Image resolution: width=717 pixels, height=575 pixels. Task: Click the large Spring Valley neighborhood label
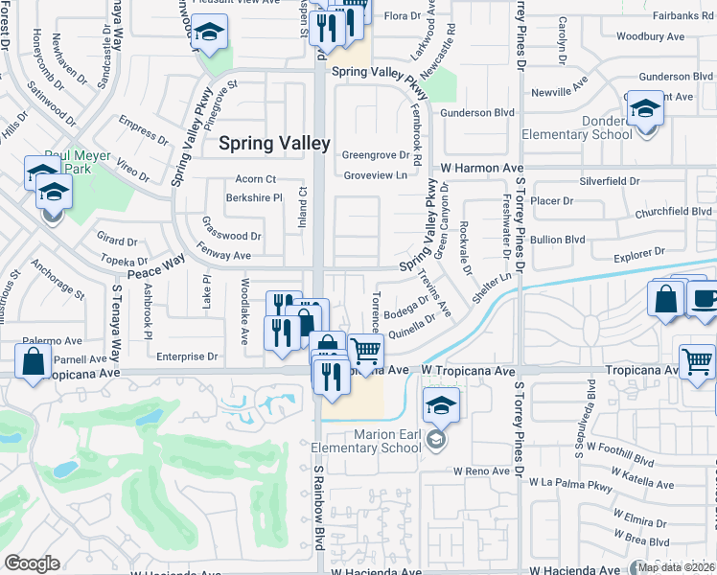[275, 143]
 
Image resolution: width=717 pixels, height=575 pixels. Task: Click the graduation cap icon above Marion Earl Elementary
[441, 404]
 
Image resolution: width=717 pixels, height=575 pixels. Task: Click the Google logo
[32, 563]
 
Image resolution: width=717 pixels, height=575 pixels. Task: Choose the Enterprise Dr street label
[187, 356]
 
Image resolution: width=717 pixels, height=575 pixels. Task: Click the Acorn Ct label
[255, 179]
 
